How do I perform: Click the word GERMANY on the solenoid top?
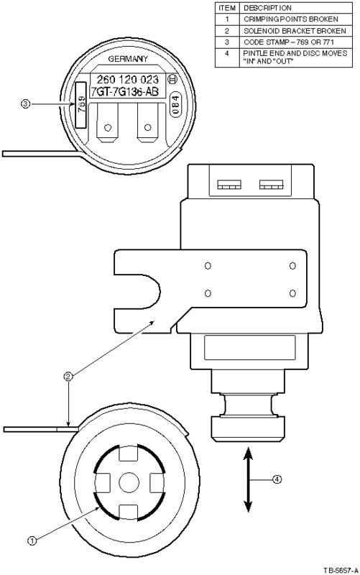(x=128, y=59)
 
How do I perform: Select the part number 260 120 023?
(x=128, y=79)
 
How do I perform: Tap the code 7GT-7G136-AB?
(x=124, y=92)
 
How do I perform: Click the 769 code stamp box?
(x=80, y=105)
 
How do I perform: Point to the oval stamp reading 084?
(x=175, y=104)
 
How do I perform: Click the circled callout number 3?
(x=25, y=104)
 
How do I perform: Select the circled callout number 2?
(x=68, y=376)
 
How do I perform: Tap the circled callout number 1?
(x=32, y=540)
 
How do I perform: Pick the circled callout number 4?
(x=277, y=479)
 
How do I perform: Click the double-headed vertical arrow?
(x=248, y=479)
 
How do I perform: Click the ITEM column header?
(x=227, y=8)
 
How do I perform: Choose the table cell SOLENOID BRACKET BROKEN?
(x=295, y=31)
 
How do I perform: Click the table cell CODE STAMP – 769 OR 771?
(x=289, y=42)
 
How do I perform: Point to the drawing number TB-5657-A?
(x=341, y=570)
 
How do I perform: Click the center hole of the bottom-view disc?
(x=129, y=482)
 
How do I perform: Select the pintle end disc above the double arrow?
(x=248, y=428)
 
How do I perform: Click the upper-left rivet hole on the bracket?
(x=208, y=265)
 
